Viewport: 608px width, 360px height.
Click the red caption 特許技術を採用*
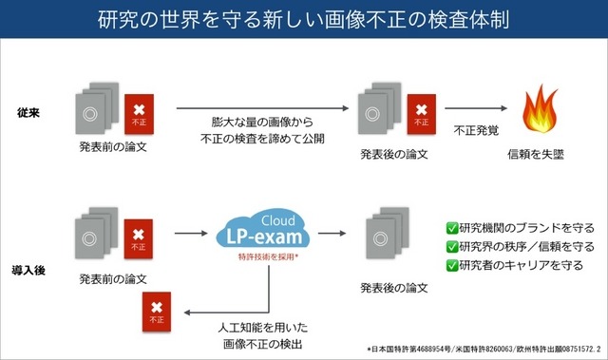(259, 257)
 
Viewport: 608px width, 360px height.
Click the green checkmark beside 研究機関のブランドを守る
(452, 228)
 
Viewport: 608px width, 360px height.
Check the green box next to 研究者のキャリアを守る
(452, 265)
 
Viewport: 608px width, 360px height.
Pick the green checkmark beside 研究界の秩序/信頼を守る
(452, 247)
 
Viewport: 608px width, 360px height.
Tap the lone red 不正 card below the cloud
(154, 313)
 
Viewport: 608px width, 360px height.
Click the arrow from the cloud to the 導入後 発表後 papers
(332, 231)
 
